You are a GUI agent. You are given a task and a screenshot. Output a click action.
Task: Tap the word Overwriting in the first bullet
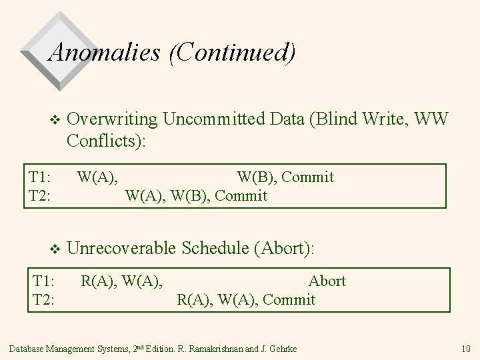tap(113, 119)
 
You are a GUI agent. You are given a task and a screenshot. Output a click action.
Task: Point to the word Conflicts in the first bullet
tap(104, 141)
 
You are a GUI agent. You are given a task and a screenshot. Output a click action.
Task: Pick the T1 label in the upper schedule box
tap(40, 177)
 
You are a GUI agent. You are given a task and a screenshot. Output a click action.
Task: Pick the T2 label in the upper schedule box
tap(41, 195)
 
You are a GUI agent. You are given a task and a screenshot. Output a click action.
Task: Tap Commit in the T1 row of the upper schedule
tap(308, 177)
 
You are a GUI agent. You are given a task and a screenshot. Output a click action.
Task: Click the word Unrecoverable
tap(125, 248)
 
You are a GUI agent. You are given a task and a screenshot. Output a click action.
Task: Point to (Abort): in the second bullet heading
tap(284, 248)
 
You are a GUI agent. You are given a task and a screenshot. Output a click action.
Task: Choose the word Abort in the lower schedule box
tap(327, 281)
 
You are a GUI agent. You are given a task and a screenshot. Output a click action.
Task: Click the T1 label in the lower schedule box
tap(43, 281)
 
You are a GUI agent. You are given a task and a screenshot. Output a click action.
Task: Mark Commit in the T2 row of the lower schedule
tap(289, 299)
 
